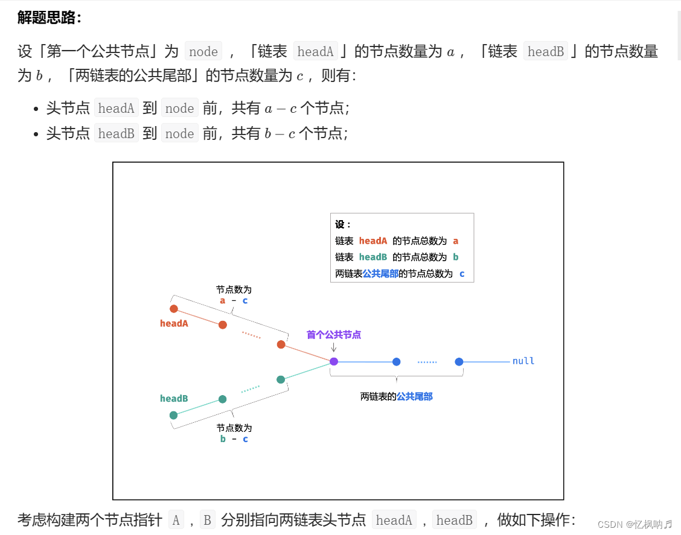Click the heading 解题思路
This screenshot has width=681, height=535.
(x=49, y=17)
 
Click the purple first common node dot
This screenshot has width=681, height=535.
(x=334, y=361)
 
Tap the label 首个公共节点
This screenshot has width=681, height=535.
(x=334, y=335)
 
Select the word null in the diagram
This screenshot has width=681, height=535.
(x=523, y=361)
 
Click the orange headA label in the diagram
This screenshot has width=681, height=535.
(x=174, y=323)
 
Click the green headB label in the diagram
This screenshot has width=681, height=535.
(x=174, y=399)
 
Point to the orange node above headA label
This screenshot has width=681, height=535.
(x=174, y=309)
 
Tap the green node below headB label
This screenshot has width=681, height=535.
(x=173, y=415)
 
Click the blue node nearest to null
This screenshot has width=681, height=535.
(x=459, y=362)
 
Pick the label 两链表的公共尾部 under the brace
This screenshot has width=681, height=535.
(x=396, y=396)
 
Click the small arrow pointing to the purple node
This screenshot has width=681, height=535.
(x=334, y=347)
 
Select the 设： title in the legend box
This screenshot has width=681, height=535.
(x=343, y=224)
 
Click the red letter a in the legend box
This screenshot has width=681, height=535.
(x=456, y=241)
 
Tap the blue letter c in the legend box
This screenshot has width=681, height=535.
(x=462, y=273)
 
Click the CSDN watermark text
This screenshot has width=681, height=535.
(x=635, y=524)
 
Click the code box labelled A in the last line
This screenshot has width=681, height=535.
(x=176, y=520)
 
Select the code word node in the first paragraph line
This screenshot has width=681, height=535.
(x=203, y=52)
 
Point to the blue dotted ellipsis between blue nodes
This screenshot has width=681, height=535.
(x=427, y=362)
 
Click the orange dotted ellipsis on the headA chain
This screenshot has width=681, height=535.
(x=251, y=335)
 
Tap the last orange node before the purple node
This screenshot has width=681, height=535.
(x=281, y=344)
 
